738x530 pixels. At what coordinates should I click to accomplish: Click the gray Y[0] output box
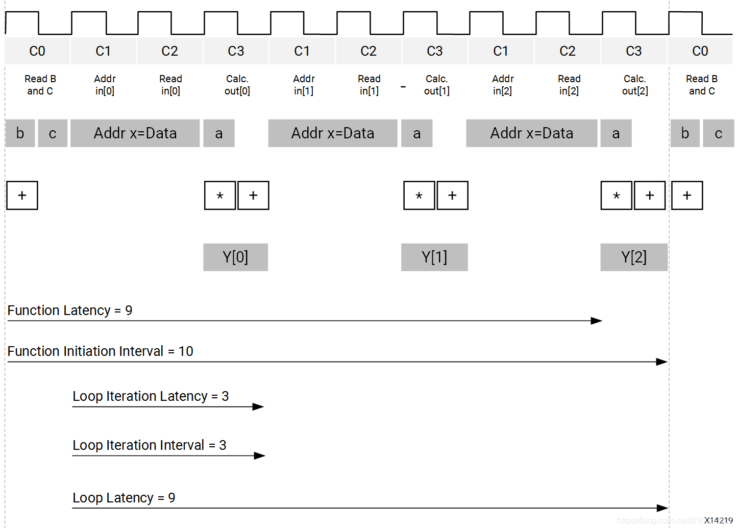[235, 257]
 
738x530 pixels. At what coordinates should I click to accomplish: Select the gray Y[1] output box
[434, 257]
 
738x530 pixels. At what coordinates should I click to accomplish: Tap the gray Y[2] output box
[633, 257]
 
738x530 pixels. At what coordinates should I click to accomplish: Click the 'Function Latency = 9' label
[70, 310]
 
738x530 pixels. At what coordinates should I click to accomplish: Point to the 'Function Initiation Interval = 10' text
[100, 351]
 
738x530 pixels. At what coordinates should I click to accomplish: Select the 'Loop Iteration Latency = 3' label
[151, 396]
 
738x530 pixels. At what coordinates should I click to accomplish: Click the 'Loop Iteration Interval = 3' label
[149, 445]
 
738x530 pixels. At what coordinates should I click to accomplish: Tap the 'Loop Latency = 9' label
[124, 498]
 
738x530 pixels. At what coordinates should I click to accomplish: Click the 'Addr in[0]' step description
[105, 85]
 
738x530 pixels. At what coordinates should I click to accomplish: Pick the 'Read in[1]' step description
[369, 85]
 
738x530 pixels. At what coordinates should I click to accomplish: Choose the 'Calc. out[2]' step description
[635, 85]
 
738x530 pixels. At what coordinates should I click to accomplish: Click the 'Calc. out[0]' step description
[237, 85]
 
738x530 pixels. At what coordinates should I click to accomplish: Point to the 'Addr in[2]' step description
[503, 85]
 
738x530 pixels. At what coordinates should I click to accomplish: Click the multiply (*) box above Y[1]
[419, 196]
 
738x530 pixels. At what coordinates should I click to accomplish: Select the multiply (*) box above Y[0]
[220, 196]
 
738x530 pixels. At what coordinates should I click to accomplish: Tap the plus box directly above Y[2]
[649, 196]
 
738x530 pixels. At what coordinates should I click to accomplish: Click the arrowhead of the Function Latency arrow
[597, 321]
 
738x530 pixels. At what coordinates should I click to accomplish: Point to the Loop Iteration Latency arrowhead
[258, 406]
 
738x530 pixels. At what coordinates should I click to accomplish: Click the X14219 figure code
[718, 520]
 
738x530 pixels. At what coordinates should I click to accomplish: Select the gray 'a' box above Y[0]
[219, 133]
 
